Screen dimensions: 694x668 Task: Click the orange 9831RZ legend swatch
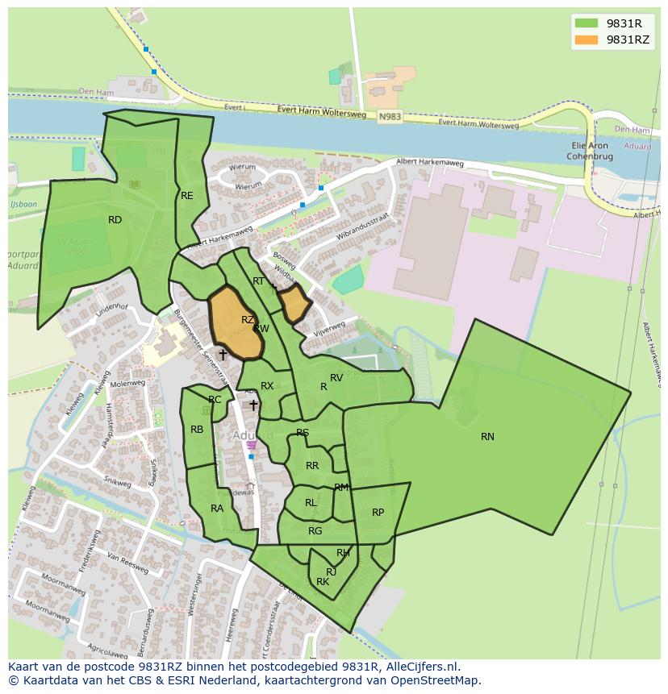[587, 39]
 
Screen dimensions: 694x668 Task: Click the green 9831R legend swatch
[587, 23]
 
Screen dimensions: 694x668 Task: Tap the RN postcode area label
[487, 437]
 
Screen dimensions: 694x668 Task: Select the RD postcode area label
[115, 220]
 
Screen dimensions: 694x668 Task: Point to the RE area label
[187, 196]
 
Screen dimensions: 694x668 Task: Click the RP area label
[378, 513]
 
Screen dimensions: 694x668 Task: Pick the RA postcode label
[217, 509]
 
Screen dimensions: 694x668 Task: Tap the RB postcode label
[197, 430]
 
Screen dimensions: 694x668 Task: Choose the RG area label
[315, 531]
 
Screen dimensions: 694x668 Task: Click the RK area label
[323, 582]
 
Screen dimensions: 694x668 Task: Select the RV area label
[336, 378]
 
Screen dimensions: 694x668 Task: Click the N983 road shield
[389, 117]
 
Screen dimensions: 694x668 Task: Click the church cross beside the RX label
[253, 405]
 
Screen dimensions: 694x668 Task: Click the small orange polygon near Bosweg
[294, 304]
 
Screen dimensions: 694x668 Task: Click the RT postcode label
[258, 281]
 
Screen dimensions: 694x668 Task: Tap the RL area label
[311, 503]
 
